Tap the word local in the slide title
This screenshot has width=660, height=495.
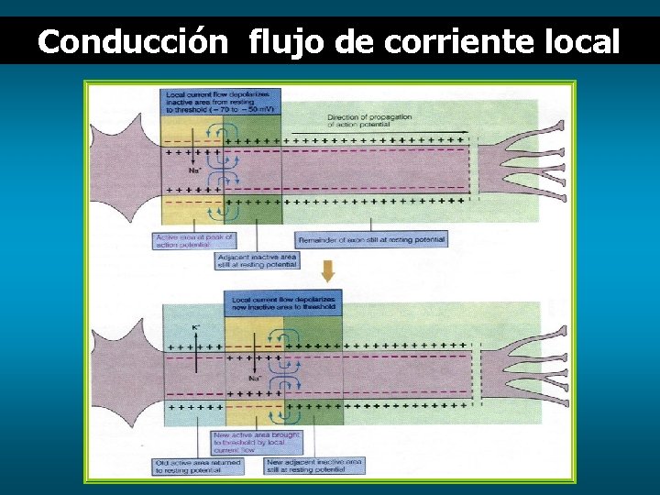pyautogui.click(x=580, y=41)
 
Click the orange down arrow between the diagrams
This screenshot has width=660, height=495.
pyautogui.click(x=327, y=272)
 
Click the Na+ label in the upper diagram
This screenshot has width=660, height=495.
pyautogui.click(x=194, y=170)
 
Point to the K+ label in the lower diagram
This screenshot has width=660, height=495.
pyautogui.click(x=196, y=327)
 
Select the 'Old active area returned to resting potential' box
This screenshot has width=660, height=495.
pyautogui.click(x=200, y=466)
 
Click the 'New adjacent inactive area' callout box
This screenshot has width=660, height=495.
pyautogui.click(x=313, y=466)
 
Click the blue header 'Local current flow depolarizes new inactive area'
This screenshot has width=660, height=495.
pyautogui.click(x=283, y=303)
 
